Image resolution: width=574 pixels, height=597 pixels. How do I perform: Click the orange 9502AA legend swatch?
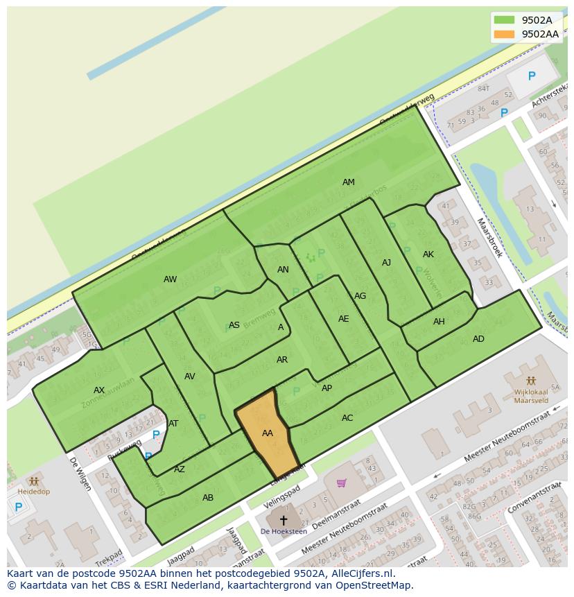click(504, 34)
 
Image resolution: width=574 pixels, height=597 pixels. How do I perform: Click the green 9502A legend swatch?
click(504, 20)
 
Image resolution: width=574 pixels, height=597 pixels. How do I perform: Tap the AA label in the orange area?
click(268, 433)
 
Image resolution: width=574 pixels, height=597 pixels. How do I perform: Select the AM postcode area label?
click(349, 182)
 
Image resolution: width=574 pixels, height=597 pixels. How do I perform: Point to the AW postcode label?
click(170, 279)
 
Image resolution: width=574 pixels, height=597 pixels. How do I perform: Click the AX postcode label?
click(99, 390)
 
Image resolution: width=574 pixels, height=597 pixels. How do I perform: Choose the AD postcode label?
click(478, 339)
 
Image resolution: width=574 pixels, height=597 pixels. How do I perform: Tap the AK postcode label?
click(428, 254)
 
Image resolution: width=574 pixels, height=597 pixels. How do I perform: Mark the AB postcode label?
click(208, 498)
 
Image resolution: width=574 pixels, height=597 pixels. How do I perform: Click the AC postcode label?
click(347, 418)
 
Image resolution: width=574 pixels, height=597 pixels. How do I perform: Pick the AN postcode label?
click(283, 270)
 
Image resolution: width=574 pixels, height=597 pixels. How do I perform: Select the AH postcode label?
click(439, 322)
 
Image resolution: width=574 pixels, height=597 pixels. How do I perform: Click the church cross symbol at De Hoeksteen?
click(283, 519)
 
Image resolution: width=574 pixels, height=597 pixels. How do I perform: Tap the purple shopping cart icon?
click(341, 483)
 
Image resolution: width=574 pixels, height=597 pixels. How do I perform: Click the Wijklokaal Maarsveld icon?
click(532, 381)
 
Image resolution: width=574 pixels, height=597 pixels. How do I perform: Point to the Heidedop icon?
click(33, 481)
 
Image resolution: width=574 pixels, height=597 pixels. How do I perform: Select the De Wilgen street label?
click(80, 474)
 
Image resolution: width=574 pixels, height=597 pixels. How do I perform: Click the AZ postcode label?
click(180, 469)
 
